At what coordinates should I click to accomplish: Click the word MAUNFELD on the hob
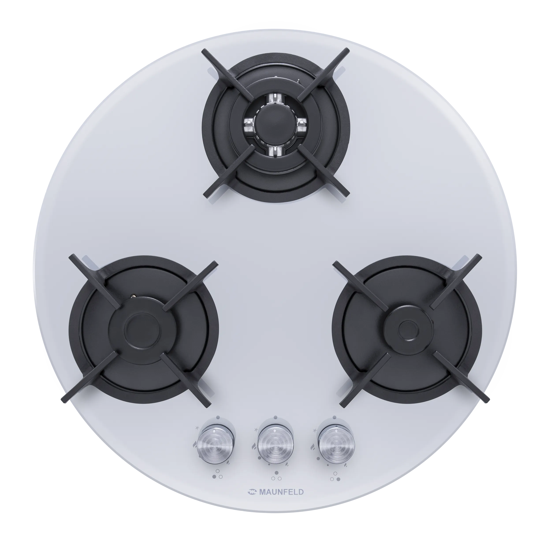tap(281, 492)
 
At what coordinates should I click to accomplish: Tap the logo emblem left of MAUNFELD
tap(252, 492)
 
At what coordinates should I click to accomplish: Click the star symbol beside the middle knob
tap(256, 429)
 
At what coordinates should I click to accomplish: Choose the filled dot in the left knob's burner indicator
tap(214, 477)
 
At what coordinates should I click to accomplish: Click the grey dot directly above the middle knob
tap(275, 417)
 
